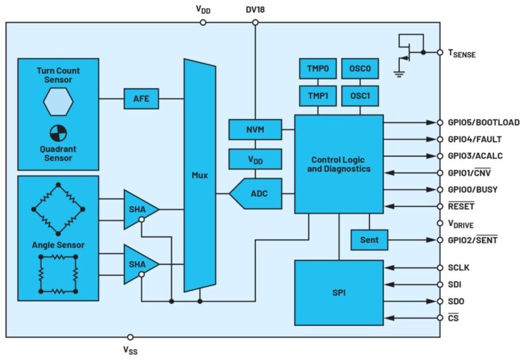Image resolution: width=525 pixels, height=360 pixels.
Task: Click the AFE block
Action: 142,98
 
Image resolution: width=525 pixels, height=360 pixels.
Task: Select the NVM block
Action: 255,128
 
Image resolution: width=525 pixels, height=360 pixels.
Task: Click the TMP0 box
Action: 318,69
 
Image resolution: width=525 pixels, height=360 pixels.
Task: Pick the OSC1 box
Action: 360,96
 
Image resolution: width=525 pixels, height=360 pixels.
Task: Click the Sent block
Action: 369,240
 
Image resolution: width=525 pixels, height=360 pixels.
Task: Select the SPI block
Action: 338,292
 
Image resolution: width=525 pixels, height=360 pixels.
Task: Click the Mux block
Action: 200,175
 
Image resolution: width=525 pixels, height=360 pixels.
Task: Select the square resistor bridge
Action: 58,273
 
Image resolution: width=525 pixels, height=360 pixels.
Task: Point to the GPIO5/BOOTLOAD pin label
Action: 483,123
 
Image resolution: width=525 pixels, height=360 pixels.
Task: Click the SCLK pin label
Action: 459,268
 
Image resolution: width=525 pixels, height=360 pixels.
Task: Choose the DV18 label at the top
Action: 256,9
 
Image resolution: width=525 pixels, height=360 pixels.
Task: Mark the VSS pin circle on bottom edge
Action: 131,337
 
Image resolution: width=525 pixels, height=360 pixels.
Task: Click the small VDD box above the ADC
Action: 255,159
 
